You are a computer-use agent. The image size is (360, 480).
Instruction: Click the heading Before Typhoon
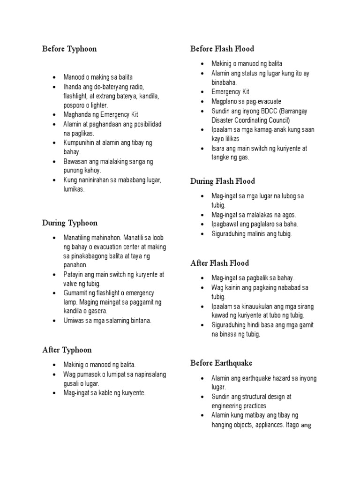69,49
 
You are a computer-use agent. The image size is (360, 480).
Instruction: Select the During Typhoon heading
70,223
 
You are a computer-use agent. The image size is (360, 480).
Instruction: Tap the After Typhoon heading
67,350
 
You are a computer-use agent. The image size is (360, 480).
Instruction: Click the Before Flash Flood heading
222,49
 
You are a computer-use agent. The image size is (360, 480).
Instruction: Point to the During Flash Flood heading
223,181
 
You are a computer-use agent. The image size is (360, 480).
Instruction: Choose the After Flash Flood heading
220,263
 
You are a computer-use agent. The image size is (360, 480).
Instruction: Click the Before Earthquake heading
221,363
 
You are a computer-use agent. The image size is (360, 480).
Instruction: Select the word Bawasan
75,162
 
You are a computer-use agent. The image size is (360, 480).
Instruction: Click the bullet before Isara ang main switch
202,149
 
